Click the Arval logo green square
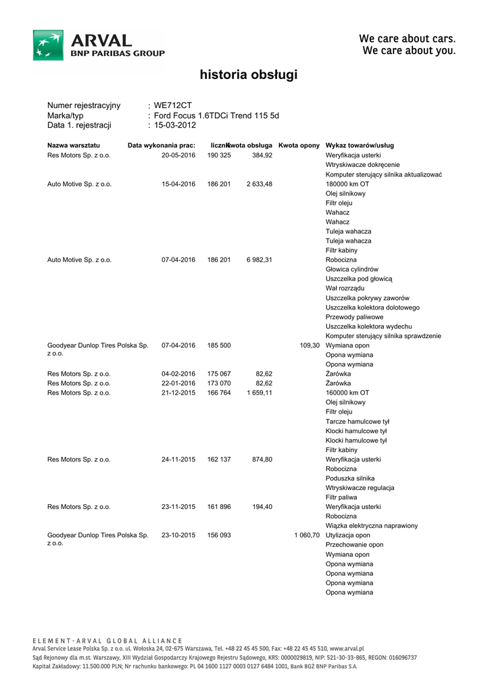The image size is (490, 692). (x=48, y=45)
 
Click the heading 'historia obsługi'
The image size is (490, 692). (x=249, y=75)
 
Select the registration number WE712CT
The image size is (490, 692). (x=172, y=105)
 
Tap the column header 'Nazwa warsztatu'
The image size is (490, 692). (x=74, y=145)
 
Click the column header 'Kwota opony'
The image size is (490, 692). (x=299, y=145)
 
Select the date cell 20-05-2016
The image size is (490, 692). (x=178, y=155)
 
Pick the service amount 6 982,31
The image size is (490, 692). (x=260, y=260)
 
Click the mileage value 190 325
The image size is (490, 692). (x=219, y=155)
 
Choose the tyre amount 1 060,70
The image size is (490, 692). (x=307, y=535)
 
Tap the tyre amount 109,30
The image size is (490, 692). (x=310, y=345)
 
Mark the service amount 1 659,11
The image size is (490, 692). (x=260, y=393)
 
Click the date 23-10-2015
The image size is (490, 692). (x=178, y=535)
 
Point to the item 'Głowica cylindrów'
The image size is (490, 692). (x=351, y=270)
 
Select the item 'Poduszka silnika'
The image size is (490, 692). (x=349, y=478)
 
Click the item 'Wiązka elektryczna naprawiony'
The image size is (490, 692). (x=372, y=526)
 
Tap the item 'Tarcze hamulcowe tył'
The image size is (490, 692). (x=356, y=421)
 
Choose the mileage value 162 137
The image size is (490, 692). (x=219, y=460)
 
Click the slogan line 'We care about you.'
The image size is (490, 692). (x=409, y=51)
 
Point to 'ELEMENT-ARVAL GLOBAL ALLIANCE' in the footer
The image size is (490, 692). (x=107, y=641)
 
